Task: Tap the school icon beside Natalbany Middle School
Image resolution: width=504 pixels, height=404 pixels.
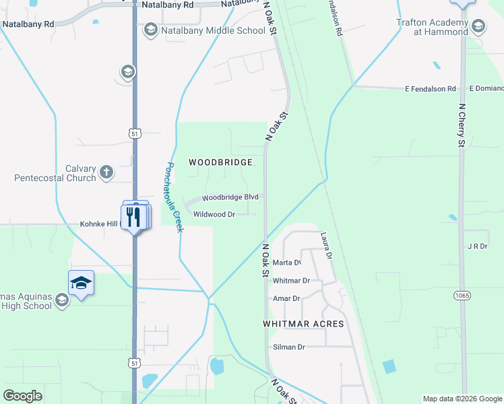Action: [x=151, y=30]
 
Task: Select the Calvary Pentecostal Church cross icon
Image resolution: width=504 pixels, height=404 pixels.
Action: [x=106, y=172]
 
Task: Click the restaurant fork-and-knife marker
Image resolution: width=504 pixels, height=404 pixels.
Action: [x=133, y=217]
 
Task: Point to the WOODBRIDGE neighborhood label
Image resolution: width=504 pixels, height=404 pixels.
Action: [x=220, y=162]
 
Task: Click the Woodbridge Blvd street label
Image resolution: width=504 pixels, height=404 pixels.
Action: [x=230, y=197]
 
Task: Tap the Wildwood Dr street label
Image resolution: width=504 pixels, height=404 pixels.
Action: [x=214, y=214]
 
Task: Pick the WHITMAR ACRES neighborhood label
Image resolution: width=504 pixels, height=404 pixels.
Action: [x=303, y=324]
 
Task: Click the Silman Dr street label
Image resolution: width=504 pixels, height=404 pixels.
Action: [x=289, y=347]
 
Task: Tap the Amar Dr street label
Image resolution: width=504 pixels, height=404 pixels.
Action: [x=286, y=298]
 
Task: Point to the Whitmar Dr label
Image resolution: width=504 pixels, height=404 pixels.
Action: [x=291, y=280]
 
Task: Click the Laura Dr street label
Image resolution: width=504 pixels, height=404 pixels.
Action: [x=327, y=246]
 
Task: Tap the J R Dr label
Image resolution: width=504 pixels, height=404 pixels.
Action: [x=476, y=246]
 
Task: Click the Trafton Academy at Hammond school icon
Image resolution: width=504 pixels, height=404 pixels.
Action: [x=478, y=26]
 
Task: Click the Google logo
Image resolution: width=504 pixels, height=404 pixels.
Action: [x=22, y=396]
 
